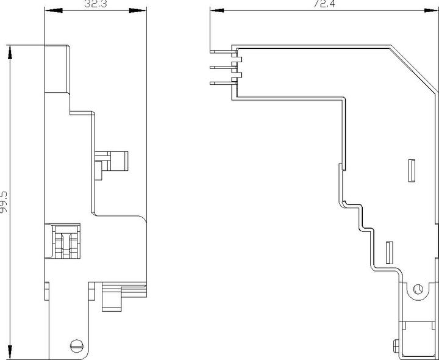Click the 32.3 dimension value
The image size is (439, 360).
(x=96, y=4)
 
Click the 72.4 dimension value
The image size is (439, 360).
(x=324, y=4)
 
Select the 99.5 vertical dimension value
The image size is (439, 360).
(x=4, y=203)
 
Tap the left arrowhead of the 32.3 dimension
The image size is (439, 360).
(x=53, y=10)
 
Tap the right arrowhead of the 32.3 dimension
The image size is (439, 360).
(x=138, y=10)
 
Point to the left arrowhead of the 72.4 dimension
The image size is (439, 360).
(x=217, y=10)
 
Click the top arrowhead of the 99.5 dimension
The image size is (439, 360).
(x=10, y=52)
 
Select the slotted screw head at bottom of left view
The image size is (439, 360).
(x=77, y=346)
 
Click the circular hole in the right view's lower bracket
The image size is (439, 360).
(x=418, y=289)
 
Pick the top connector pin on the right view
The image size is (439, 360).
(x=223, y=51)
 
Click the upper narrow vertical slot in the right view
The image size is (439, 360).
(x=412, y=171)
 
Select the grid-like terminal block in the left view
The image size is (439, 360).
(x=66, y=242)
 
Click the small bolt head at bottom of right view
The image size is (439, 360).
(x=396, y=347)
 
